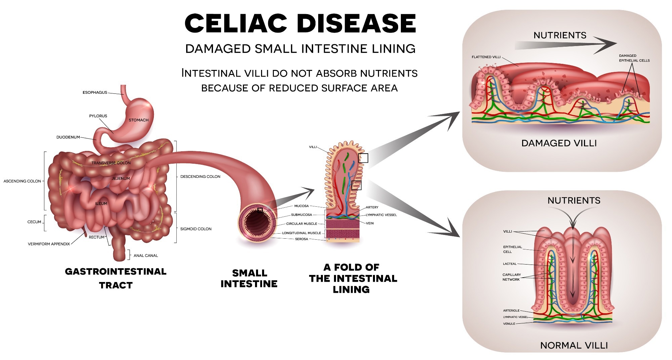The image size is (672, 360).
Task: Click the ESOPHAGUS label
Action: click(x=95, y=92)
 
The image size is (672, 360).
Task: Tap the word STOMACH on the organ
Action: click(x=138, y=120)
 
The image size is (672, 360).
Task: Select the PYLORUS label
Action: click(x=98, y=116)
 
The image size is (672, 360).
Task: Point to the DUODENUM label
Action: click(x=68, y=137)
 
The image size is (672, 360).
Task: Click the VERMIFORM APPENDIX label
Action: click(x=49, y=244)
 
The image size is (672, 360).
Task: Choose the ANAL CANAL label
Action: click(x=145, y=255)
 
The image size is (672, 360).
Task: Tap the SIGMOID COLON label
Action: click(x=196, y=229)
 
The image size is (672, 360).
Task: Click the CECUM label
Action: click(x=34, y=222)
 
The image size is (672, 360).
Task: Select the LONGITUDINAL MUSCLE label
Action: click(x=301, y=233)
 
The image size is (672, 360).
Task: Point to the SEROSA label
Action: click(x=301, y=239)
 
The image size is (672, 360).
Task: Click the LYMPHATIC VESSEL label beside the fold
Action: click(x=381, y=215)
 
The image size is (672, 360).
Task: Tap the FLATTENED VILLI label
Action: click(x=486, y=57)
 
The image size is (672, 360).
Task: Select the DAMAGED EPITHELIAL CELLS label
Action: click(x=634, y=58)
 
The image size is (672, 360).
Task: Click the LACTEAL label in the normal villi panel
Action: click(x=510, y=264)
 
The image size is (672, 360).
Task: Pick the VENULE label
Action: click(x=509, y=324)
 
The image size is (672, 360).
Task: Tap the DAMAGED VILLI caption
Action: click(x=559, y=143)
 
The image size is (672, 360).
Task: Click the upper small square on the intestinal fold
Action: click(x=363, y=158)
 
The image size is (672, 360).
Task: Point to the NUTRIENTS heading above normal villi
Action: click(x=574, y=201)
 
